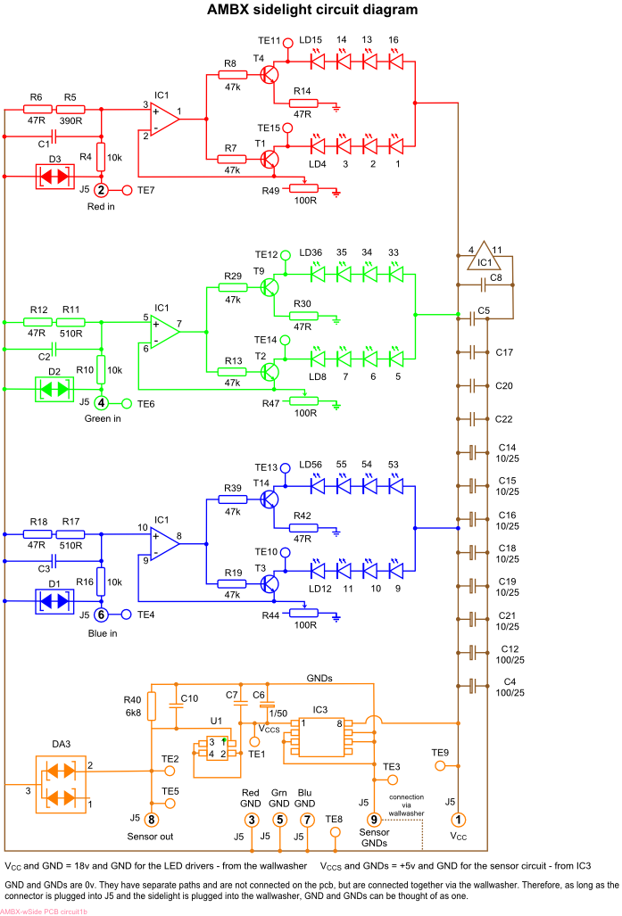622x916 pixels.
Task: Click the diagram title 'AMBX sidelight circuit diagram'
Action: (311, 11)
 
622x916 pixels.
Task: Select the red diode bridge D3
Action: (54, 175)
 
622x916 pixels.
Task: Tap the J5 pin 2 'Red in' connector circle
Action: (102, 190)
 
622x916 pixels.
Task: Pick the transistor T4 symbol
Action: (270, 75)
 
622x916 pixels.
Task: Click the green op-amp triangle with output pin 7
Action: (163, 331)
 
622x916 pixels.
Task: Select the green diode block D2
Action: (54, 390)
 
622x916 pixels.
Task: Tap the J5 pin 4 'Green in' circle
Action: (102, 403)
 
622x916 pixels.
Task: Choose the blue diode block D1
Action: (54, 602)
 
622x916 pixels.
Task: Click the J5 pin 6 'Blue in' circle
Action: (102, 615)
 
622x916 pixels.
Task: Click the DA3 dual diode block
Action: (61, 783)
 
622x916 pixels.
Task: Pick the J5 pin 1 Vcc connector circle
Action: (459, 819)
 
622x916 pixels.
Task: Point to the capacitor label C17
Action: (505, 353)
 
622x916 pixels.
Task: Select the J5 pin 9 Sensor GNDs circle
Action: (375, 819)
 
